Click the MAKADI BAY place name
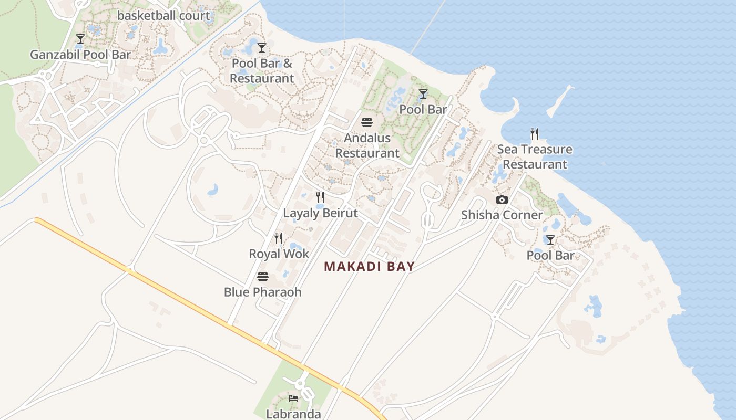369,267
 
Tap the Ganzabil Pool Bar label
80,55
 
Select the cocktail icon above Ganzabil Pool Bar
80,39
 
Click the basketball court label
164,15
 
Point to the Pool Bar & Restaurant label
262,71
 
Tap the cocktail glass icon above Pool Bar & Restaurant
262,48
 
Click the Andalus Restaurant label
367,145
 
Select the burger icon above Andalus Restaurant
367,122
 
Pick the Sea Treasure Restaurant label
535,156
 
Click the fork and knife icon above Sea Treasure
535,134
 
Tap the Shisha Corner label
502,215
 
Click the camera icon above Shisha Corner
502,199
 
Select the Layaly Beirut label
320,213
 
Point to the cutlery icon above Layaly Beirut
320,197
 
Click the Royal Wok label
279,254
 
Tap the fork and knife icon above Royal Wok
279,238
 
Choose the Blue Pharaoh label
262,292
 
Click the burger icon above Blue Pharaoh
262,277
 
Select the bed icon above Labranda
293,398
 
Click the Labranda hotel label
293,414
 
